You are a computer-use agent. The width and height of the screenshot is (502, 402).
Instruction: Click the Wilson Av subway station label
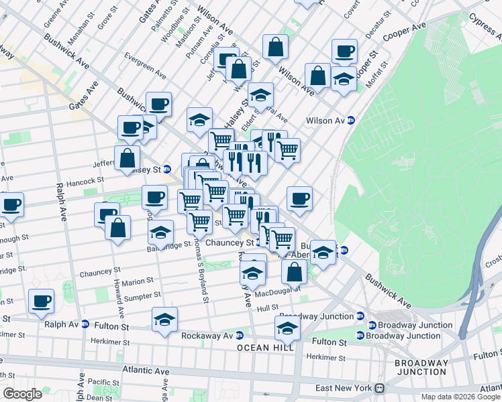coord(325,121)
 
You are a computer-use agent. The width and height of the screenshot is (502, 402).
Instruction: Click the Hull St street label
coord(267,308)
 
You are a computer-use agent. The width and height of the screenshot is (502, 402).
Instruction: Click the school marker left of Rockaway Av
coord(164,320)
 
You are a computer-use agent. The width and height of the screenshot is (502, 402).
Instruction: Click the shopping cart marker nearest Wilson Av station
coord(287,150)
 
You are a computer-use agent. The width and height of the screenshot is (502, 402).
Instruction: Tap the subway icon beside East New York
coord(379,388)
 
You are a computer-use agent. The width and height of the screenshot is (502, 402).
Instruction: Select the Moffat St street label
coord(376,74)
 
